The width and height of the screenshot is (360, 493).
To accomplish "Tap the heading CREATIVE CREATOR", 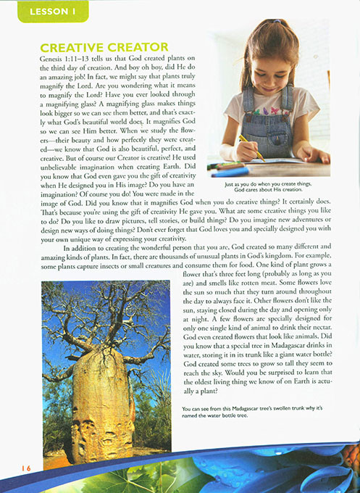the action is (104, 47).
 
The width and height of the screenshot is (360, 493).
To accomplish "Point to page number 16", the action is (26, 468).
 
